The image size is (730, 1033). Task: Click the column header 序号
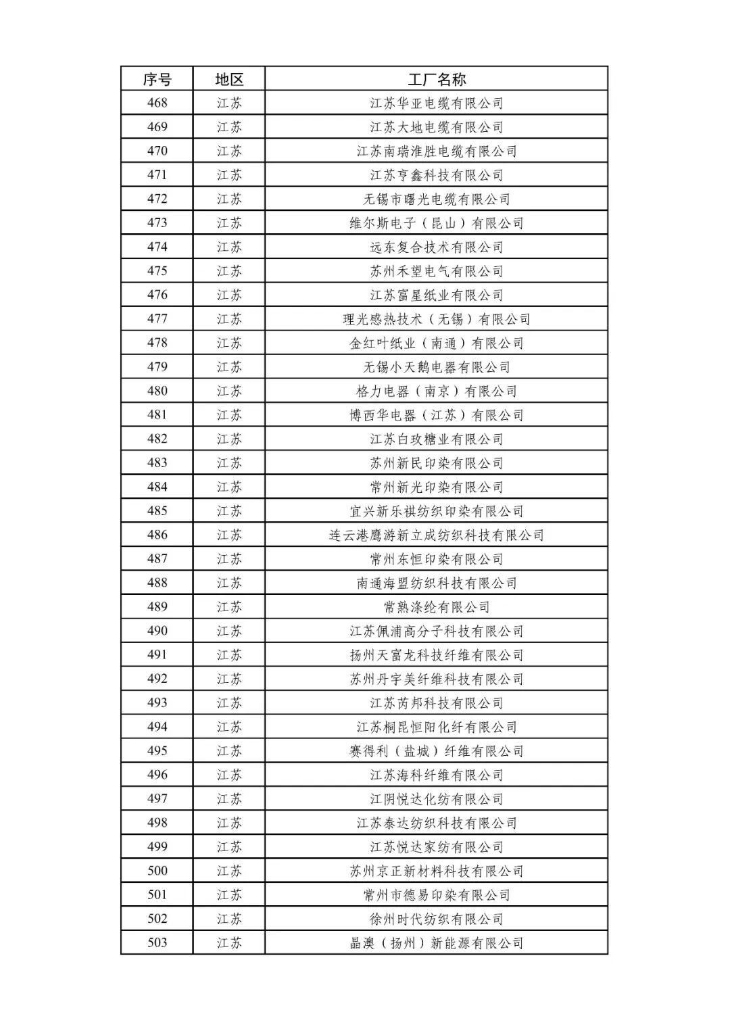[157, 79]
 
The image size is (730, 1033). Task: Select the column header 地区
[229, 79]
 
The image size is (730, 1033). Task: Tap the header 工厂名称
[437, 79]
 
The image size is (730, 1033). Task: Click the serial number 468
[157, 103]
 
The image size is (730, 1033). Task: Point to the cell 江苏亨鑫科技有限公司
[437, 175]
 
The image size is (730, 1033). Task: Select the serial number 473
[157, 223]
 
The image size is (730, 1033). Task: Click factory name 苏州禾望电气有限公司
[437, 271]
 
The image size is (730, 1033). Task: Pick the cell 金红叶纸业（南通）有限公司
[437, 343]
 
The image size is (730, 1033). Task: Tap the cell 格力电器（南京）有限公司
[437, 391]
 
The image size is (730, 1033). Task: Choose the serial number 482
[157, 439]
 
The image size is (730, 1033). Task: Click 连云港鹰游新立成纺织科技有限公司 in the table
[437, 535]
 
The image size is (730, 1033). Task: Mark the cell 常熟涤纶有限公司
[437, 607]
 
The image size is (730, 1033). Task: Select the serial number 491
[157, 655]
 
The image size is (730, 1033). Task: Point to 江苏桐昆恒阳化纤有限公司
[437, 727]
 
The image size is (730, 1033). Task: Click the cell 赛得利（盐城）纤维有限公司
[437, 751]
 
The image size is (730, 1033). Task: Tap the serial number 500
[157, 871]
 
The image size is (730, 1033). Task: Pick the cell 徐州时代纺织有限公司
[437, 919]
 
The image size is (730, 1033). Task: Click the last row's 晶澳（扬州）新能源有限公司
[437, 943]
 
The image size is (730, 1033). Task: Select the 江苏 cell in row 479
[229, 367]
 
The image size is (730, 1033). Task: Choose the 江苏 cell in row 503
[229, 943]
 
